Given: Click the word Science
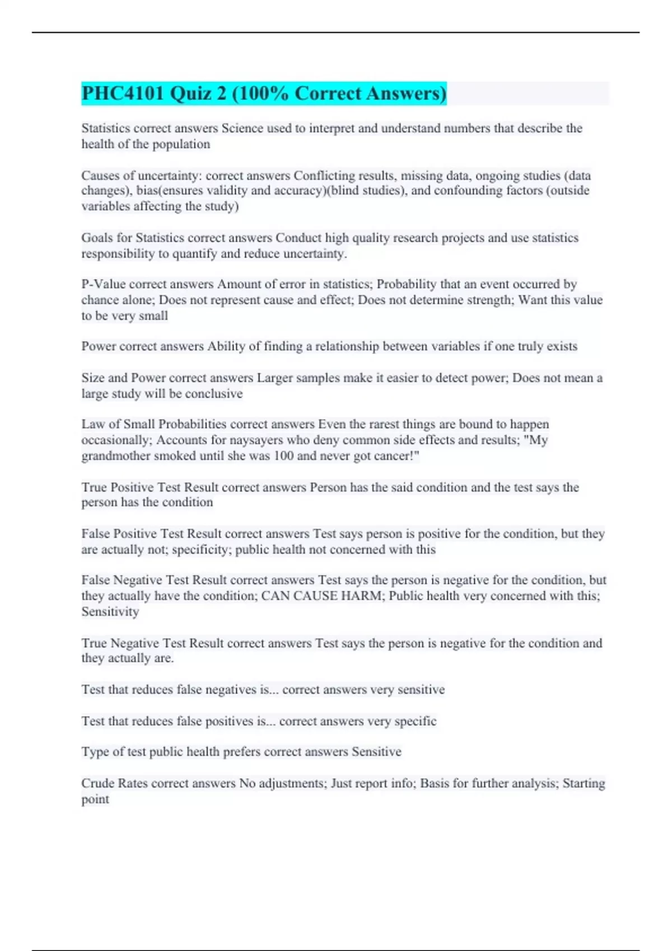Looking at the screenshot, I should (x=242, y=128).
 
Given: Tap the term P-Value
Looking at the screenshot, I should (x=103, y=284).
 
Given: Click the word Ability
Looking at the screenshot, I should (x=226, y=346).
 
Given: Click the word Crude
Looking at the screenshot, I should (x=98, y=783).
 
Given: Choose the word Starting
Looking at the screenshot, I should (x=584, y=783).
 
